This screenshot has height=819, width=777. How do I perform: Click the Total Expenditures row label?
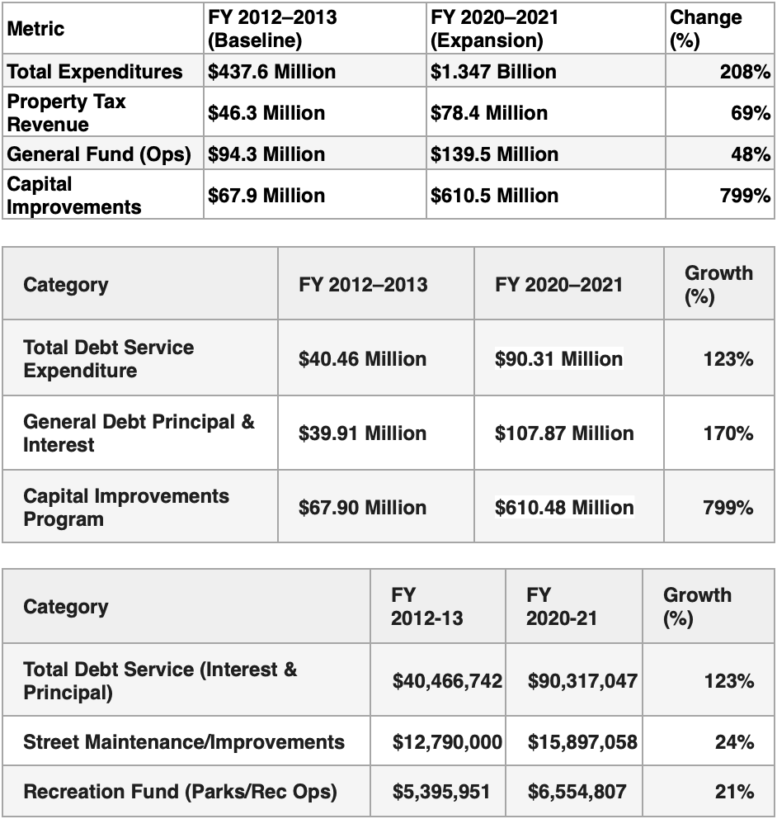pos(95,72)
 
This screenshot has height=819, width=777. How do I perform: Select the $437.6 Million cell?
pos(272,72)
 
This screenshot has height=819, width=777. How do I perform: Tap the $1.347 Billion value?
pos(493,72)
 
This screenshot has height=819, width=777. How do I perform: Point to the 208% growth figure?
pos(745,72)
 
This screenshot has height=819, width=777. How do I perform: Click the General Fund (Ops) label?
pos(99,154)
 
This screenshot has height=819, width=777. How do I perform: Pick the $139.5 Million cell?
pos(494,154)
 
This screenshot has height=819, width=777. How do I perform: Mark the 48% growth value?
pos(750,154)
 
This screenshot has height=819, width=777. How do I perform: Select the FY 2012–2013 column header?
pos(363,285)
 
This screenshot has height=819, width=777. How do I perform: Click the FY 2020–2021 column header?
pos(559,285)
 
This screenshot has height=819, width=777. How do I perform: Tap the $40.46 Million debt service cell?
pos(362,359)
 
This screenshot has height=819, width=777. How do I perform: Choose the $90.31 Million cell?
pos(558,359)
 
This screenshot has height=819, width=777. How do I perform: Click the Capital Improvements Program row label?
pos(126,508)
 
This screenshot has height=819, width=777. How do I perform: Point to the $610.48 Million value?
pos(564,508)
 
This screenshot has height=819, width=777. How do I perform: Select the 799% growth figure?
pos(728,508)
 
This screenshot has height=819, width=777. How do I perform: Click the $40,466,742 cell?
pos(447,681)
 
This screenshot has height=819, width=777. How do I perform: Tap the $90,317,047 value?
pos(582,681)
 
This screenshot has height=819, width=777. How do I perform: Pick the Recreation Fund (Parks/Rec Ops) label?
pos(180,792)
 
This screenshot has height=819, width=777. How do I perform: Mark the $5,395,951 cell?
pos(441,792)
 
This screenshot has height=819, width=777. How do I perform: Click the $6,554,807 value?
pos(577,792)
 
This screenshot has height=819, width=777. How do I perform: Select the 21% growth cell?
pos(734,792)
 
